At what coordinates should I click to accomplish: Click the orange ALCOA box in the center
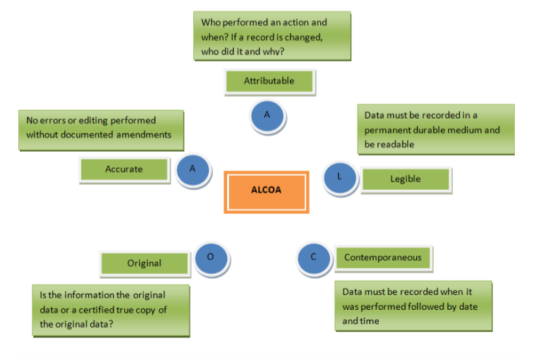tap(266, 191)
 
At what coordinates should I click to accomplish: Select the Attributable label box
tap(269, 81)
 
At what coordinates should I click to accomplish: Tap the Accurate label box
tap(124, 169)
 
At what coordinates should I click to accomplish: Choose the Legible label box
tap(405, 179)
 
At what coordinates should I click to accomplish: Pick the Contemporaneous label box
tap(383, 258)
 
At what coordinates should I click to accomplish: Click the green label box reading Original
tap(145, 263)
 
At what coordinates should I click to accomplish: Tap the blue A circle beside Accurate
tap(192, 170)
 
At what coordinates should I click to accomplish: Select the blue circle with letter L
tap(340, 177)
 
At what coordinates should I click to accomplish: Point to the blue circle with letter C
tap(314, 258)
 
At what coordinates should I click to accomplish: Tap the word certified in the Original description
tap(109, 311)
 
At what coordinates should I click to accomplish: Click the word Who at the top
tap(211, 23)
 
